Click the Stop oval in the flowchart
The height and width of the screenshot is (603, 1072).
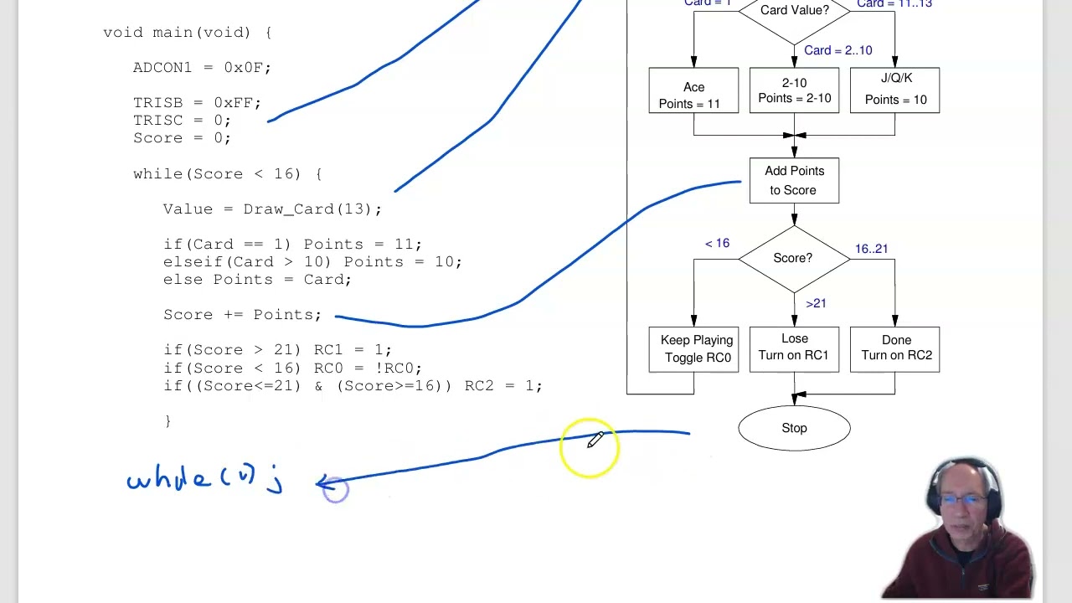pos(794,428)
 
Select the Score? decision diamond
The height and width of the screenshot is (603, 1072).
pos(793,258)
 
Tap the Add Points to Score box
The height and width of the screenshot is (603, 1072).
pos(794,180)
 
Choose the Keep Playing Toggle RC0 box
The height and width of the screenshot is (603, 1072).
pos(693,348)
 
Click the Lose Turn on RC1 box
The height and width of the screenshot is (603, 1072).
pos(794,348)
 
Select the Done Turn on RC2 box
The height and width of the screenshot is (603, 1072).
pos(894,348)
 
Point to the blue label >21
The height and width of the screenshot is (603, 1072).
pos(816,303)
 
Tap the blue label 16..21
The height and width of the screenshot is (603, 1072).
pos(871,249)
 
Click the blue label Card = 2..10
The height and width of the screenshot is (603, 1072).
pos(837,50)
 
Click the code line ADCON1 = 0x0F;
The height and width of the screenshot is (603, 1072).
pos(202,67)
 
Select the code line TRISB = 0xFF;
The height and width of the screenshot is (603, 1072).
pos(197,102)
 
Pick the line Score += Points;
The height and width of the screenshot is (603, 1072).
pos(242,315)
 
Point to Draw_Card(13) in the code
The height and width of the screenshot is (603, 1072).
pos(312,209)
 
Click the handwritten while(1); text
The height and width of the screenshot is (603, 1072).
pos(205,480)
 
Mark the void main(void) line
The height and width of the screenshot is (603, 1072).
pos(187,32)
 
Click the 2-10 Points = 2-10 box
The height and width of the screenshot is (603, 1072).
pos(794,90)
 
